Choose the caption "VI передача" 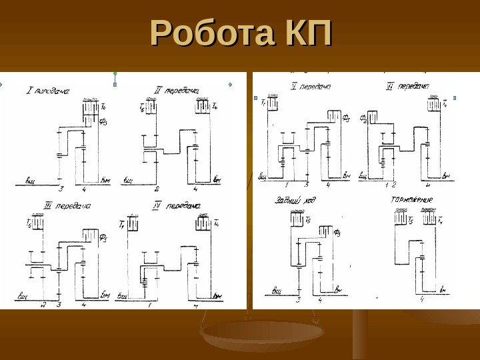407,86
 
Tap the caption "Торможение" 412,199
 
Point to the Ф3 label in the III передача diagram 103,235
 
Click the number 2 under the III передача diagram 43,305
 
